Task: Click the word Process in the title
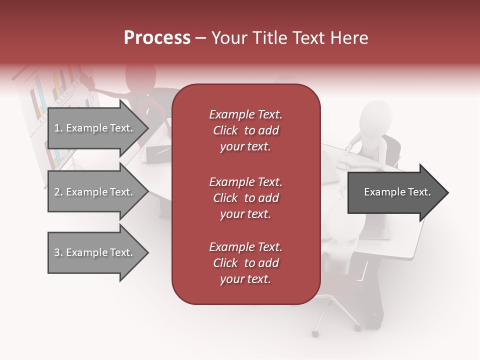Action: tap(157, 38)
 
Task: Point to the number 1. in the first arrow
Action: tap(58, 128)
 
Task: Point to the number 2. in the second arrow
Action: tap(58, 192)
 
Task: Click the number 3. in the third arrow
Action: tap(58, 252)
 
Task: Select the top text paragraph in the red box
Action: tap(245, 130)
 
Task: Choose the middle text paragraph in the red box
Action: tap(245, 198)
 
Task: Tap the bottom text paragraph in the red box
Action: tap(245, 263)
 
